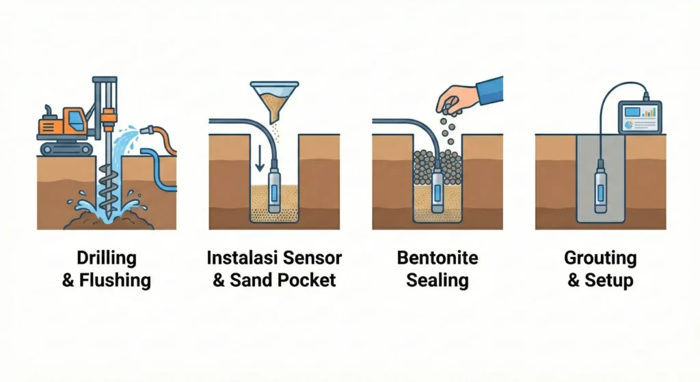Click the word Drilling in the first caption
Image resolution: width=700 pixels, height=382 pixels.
pyautogui.click(x=106, y=258)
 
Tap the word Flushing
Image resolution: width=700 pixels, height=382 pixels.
pyautogui.click(x=115, y=280)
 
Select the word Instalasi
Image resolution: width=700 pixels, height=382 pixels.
pyautogui.click(x=241, y=258)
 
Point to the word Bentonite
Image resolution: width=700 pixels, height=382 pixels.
pyautogui.click(x=437, y=258)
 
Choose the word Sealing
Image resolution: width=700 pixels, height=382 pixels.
pyautogui.click(x=437, y=280)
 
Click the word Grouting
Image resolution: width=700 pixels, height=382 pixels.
pyautogui.click(x=600, y=258)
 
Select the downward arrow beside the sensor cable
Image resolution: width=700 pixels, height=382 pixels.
pyautogui.click(x=259, y=159)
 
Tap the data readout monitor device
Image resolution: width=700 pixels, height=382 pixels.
pyautogui.click(x=640, y=116)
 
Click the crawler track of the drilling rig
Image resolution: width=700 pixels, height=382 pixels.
pyautogui.click(x=67, y=148)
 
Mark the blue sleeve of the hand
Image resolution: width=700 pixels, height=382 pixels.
pyautogui.click(x=490, y=91)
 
